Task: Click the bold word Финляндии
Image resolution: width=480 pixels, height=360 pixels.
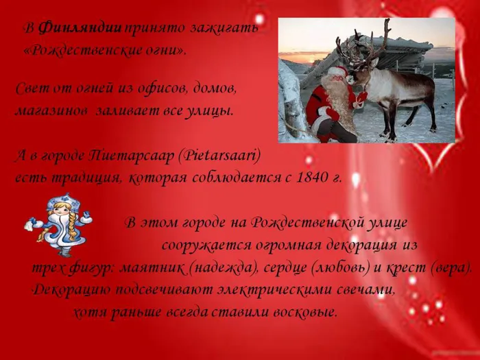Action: click(81, 28)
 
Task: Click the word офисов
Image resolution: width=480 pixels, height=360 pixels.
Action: click(160, 88)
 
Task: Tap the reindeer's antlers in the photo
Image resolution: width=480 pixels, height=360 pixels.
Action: click(363, 45)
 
